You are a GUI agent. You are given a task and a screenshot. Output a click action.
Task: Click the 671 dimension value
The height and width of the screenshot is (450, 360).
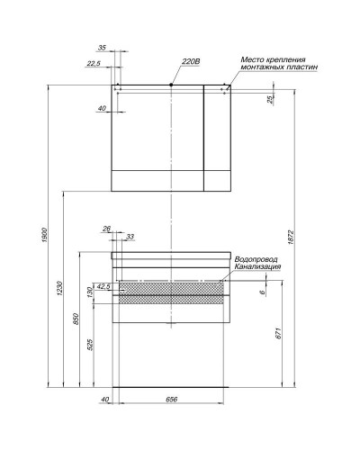tap(280, 333)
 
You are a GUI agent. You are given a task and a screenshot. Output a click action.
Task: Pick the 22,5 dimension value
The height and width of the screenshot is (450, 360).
tap(94, 63)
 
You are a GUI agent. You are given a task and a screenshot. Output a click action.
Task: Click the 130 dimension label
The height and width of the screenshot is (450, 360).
tap(90, 293)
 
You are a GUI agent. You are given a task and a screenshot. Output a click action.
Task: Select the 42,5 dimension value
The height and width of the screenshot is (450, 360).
tap(103, 285)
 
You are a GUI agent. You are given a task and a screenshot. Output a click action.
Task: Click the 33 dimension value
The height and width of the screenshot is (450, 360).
tap(130, 236)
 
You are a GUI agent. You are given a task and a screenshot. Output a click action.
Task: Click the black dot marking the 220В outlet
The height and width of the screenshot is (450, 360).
tap(171, 85)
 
